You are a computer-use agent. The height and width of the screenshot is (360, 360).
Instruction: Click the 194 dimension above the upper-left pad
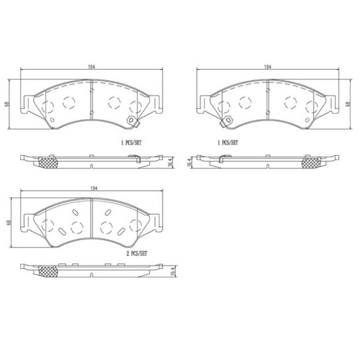pos(91,67)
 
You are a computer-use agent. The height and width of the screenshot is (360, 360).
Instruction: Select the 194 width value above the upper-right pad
pos(268,67)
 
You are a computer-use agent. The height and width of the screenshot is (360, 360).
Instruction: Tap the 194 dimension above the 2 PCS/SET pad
pos(94,188)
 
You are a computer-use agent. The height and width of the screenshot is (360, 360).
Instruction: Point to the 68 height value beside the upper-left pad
pos(8,104)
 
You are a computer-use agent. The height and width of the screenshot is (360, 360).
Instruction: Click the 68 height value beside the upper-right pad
pos(348,104)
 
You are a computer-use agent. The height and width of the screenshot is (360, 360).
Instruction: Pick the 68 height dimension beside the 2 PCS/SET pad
pos(9,222)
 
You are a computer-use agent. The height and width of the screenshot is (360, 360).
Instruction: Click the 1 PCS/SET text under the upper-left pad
pos(131,143)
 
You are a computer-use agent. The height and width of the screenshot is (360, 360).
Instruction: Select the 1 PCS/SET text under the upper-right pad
pos(228,143)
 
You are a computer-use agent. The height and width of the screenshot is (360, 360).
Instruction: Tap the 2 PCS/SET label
pos(137,254)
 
